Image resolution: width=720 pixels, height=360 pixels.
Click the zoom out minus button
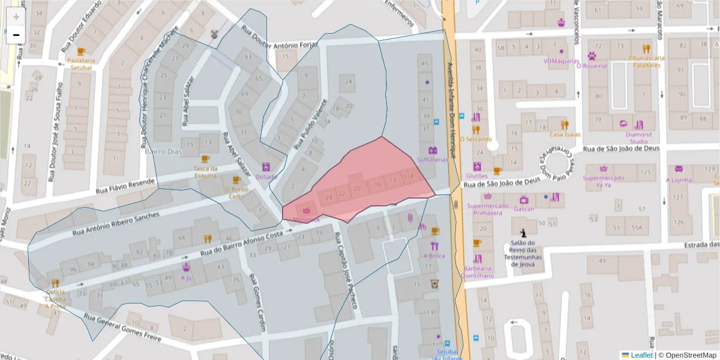pos(16,35)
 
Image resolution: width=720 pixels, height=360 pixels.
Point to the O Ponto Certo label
pos(236,193)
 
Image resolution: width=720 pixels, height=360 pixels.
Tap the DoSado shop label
pos(265,176)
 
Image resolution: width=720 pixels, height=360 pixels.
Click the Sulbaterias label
pos(432,160)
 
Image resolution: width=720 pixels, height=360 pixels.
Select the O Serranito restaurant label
pos(476,139)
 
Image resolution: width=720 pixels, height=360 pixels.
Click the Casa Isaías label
pos(565,134)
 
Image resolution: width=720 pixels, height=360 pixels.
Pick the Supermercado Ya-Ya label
pos(603,181)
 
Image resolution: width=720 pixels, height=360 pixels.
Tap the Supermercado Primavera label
pos(487,209)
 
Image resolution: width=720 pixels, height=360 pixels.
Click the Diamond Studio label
pos(638,138)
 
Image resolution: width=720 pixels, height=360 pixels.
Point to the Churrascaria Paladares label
pos(646,61)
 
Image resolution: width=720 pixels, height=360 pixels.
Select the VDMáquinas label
pos(561,61)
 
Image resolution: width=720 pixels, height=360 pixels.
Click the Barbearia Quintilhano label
pos(478,272)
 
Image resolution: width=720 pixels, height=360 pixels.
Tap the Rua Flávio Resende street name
pos(125,187)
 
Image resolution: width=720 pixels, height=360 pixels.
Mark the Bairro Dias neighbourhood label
pos(163,152)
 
